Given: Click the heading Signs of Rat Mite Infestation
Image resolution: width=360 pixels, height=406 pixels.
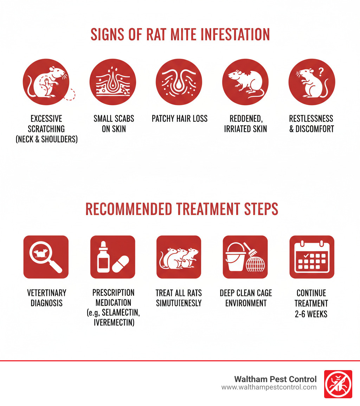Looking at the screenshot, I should pyautogui.click(x=180, y=34).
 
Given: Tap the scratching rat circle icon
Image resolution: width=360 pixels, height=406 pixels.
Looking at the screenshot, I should pyautogui.click(x=46, y=82).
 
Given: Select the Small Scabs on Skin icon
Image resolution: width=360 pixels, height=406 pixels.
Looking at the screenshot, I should pyautogui.click(x=113, y=82).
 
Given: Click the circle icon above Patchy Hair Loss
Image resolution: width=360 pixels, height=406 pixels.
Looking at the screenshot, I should pyautogui.click(x=179, y=82).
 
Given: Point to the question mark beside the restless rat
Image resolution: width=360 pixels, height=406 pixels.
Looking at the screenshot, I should pyautogui.click(x=320, y=71).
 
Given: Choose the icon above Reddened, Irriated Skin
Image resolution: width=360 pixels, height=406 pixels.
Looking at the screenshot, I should pyautogui.click(x=245, y=82).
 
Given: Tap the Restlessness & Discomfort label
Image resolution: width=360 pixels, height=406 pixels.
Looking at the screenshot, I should pyautogui.click(x=311, y=123).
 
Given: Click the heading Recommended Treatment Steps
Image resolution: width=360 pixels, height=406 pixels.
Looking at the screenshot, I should pyautogui.click(x=182, y=209).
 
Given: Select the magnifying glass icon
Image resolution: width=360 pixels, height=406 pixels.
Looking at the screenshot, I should pyautogui.click(x=46, y=257).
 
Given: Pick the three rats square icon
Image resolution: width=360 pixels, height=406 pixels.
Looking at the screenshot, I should pyautogui.click(x=179, y=257).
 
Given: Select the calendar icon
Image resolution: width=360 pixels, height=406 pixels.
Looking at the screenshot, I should pyautogui.click(x=311, y=257).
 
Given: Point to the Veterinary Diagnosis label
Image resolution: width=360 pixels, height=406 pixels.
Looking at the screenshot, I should pyautogui.click(x=47, y=298).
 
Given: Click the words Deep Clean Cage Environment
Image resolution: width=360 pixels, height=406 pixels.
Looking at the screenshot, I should pyautogui.click(x=246, y=298).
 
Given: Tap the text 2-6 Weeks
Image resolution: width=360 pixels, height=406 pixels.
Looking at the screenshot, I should pyautogui.click(x=311, y=313).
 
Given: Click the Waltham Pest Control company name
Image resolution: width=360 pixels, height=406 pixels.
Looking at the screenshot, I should pyautogui.click(x=275, y=379).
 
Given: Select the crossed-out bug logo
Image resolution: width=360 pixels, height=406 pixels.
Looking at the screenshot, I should pyautogui.click(x=338, y=384).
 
